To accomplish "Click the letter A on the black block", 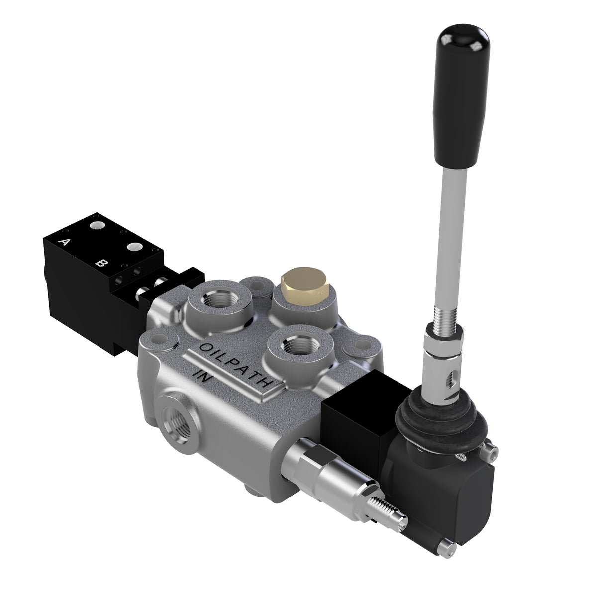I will [64, 243].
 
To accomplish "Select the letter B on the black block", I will [101, 263].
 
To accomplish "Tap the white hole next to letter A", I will [98, 226].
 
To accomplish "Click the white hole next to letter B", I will [134, 247].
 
